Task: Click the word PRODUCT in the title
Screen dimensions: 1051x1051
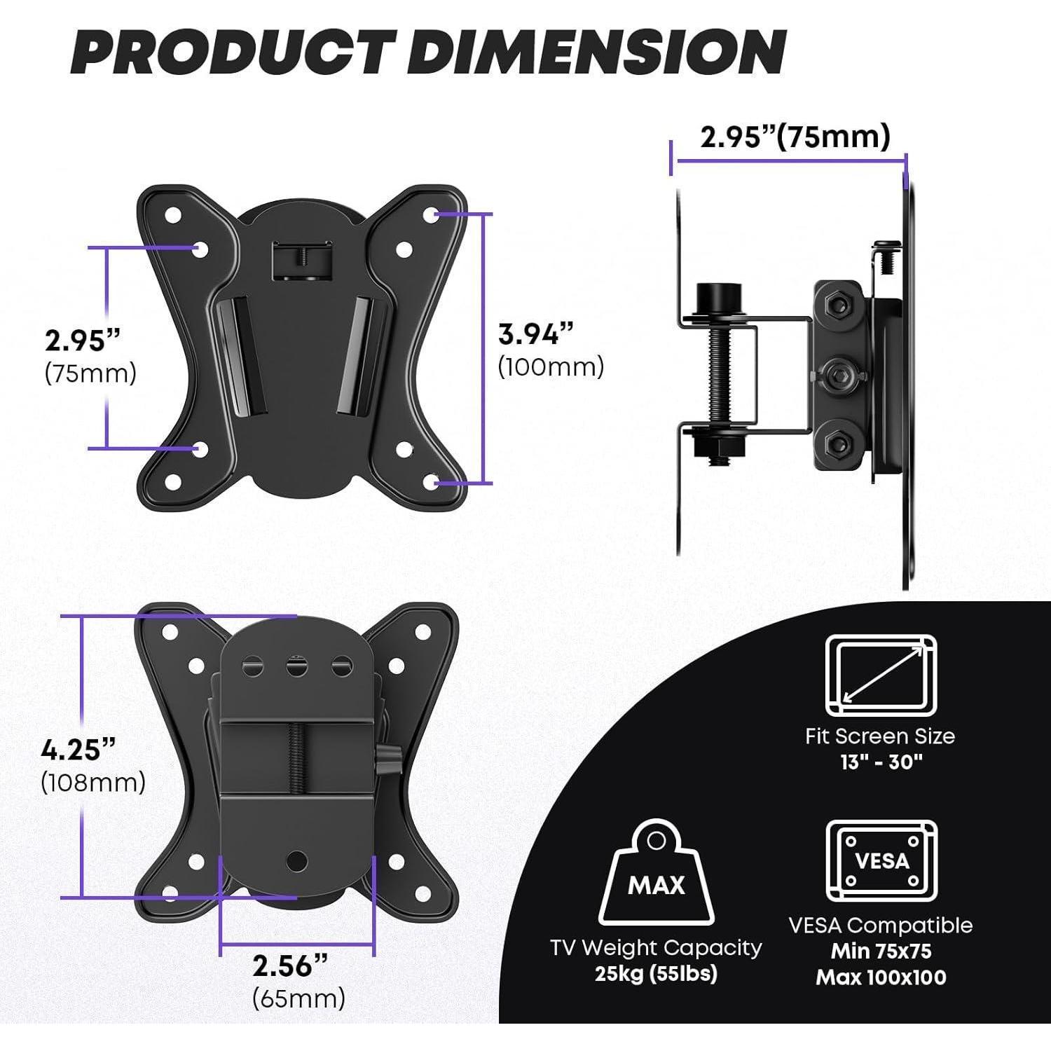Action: (x=229, y=53)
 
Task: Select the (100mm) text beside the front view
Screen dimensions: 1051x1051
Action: (x=551, y=366)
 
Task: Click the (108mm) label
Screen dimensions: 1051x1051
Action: (x=93, y=782)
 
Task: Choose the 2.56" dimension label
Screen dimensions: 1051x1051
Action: (x=290, y=966)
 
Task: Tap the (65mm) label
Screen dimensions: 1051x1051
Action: (x=299, y=998)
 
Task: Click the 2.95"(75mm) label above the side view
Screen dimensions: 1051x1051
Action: (x=795, y=137)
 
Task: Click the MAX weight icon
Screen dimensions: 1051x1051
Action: (x=657, y=873)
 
